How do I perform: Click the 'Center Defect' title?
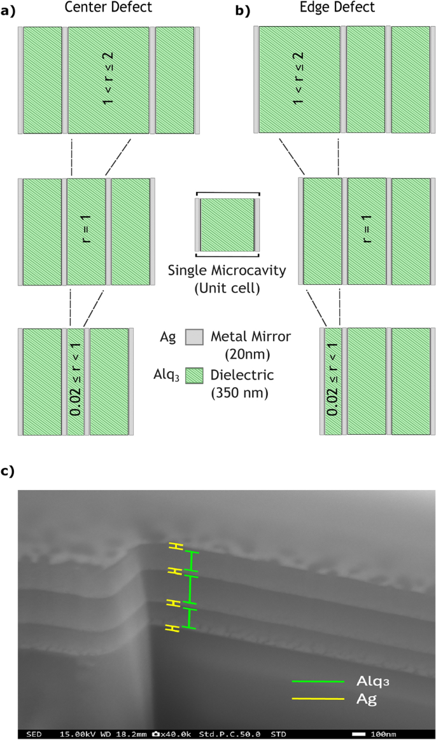click(x=108, y=8)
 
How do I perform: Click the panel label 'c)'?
click(x=8, y=470)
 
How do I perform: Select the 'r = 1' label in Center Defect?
click(x=86, y=231)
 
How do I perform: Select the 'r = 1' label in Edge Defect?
click(x=366, y=231)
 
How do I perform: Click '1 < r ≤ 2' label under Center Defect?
click(x=108, y=80)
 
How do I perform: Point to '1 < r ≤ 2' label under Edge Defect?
click(x=299, y=80)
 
